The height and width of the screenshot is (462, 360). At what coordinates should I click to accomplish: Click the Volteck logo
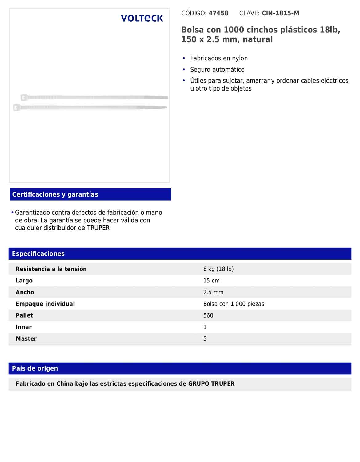click(142, 18)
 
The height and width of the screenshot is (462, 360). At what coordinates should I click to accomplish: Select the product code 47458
click(218, 13)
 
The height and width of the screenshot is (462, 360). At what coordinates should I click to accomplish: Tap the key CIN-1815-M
click(280, 13)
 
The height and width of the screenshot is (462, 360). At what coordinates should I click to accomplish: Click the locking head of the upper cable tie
click(24, 98)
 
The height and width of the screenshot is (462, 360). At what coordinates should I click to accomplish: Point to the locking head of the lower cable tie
click(17, 108)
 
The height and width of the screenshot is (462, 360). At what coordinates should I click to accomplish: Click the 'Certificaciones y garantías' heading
click(55, 194)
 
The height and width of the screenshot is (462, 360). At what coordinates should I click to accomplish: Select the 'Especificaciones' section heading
click(38, 253)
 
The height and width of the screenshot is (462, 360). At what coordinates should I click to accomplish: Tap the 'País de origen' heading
click(35, 368)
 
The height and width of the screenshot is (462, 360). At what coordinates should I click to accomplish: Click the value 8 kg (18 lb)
click(218, 269)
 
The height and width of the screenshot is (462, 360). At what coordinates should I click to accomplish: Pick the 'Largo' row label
click(24, 281)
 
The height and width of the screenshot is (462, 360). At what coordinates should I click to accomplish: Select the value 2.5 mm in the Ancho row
click(213, 292)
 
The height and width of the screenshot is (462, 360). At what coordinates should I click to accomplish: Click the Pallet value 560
click(208, 315)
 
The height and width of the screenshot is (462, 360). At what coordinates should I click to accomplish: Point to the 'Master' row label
click(26, 338)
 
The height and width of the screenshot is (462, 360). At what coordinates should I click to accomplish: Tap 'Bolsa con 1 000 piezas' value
click(234, 304)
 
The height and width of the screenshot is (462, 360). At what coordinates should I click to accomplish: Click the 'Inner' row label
click(24, 327)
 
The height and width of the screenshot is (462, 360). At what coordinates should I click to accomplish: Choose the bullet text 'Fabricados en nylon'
click(219, 58)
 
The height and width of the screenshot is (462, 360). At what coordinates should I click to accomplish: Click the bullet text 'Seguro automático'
click(217, 70)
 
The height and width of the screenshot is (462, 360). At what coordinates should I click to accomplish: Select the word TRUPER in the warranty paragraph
click(98, 228)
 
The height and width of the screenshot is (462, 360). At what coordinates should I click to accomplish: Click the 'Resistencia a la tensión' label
click(51, 269)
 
